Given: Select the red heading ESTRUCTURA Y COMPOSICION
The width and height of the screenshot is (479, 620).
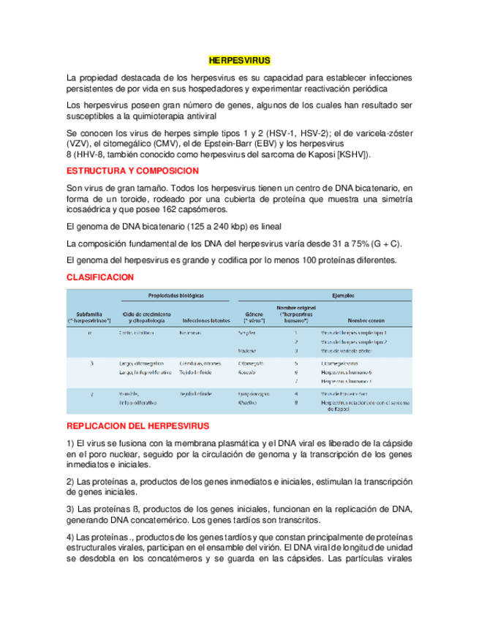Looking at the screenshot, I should [x=132, y=170].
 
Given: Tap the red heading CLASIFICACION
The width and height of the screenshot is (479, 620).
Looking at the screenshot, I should [x=99, y=278].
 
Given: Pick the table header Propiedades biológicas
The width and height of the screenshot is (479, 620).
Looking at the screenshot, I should [x=176, y=295].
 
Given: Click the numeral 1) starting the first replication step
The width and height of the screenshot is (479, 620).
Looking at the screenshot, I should [x=70, y=443].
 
